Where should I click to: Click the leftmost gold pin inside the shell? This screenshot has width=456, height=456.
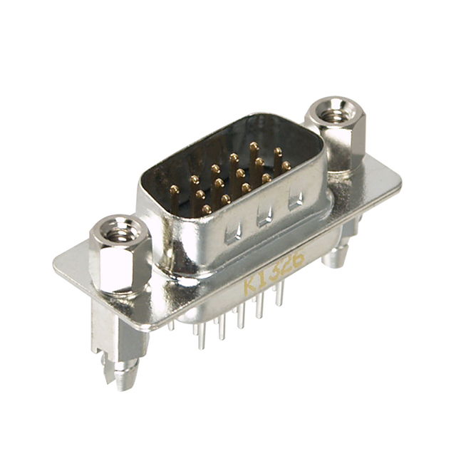[x=173, y=190]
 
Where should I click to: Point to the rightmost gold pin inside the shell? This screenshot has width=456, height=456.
[x=286, y=165]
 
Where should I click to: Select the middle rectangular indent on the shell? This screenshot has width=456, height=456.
[x=264, y=216]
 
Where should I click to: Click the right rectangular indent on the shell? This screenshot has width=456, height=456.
[x=295, y=200]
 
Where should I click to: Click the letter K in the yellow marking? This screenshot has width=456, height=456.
[x=249, y=286]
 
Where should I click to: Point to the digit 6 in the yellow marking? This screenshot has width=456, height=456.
[x=298, y=259]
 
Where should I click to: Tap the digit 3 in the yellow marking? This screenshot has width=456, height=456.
[x=274, y=272]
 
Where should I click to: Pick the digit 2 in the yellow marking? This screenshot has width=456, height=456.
[x=286, y=265]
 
